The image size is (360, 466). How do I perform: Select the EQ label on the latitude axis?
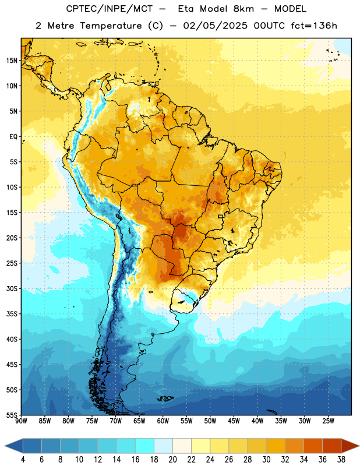click(13, 137)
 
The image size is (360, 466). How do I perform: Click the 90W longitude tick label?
click(21, 421)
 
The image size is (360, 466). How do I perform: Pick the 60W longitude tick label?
click(163, 421)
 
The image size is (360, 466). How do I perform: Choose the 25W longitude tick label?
click(328, 421)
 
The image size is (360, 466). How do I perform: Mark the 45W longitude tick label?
click(234, 421)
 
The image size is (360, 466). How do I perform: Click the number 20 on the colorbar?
click(172, 460)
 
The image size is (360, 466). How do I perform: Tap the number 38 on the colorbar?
click(341, 460)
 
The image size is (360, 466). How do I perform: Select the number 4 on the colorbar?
click(23, 460)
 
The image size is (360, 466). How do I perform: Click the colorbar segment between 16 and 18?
click(145, 446)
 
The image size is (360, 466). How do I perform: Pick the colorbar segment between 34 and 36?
click(313, 446)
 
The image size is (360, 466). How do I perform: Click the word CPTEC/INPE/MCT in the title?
click(110, 9)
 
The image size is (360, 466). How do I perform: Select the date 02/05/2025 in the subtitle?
click(215, 26)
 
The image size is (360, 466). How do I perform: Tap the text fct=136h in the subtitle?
click(314, 26)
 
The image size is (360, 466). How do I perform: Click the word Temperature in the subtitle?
click(111, 26)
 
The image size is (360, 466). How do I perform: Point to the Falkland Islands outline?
click(165, 398)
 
